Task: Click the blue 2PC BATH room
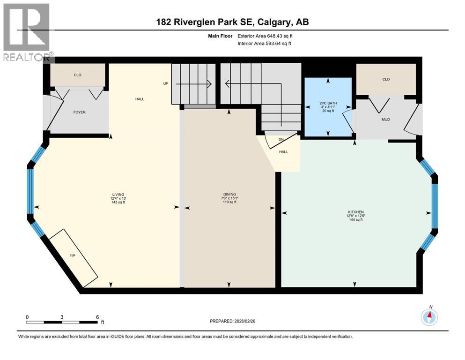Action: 328,107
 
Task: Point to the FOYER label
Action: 79,112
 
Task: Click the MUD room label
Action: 385,119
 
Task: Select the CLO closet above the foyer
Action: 78,75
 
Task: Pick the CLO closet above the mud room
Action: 386,79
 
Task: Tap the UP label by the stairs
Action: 165,84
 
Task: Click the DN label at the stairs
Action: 281,139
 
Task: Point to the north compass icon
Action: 429,317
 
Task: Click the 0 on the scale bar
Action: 27,317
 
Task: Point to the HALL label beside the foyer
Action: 140,99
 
